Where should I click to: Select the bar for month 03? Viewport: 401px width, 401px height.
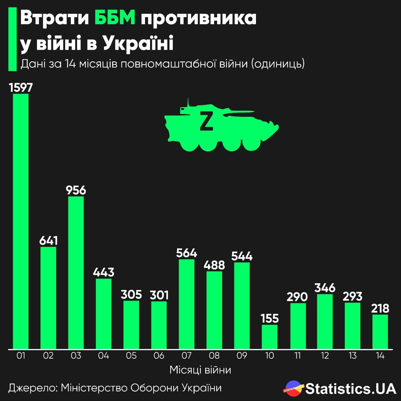click(76, 273)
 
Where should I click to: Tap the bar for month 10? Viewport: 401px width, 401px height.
click(269, 336)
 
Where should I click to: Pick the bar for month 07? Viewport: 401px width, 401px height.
click(186, 304)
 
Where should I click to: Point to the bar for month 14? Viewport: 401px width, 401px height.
click(380, 331)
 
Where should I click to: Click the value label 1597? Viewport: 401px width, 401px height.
click(21, 88)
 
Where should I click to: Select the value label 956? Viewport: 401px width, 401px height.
click(76, 190)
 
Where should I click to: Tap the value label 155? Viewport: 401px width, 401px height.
click(269, 318)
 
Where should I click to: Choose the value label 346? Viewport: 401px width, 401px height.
click(325, 288)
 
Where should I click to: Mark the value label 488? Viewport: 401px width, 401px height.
click(214, 265)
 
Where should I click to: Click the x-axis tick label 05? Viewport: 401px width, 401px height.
click(131, 356)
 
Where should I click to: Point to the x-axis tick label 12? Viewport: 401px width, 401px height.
click(325, 356)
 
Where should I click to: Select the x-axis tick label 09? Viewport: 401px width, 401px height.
click(242, 356)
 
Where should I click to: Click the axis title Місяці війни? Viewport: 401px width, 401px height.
click(200, 370)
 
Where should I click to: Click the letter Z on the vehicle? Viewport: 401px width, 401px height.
click(206, 120)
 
